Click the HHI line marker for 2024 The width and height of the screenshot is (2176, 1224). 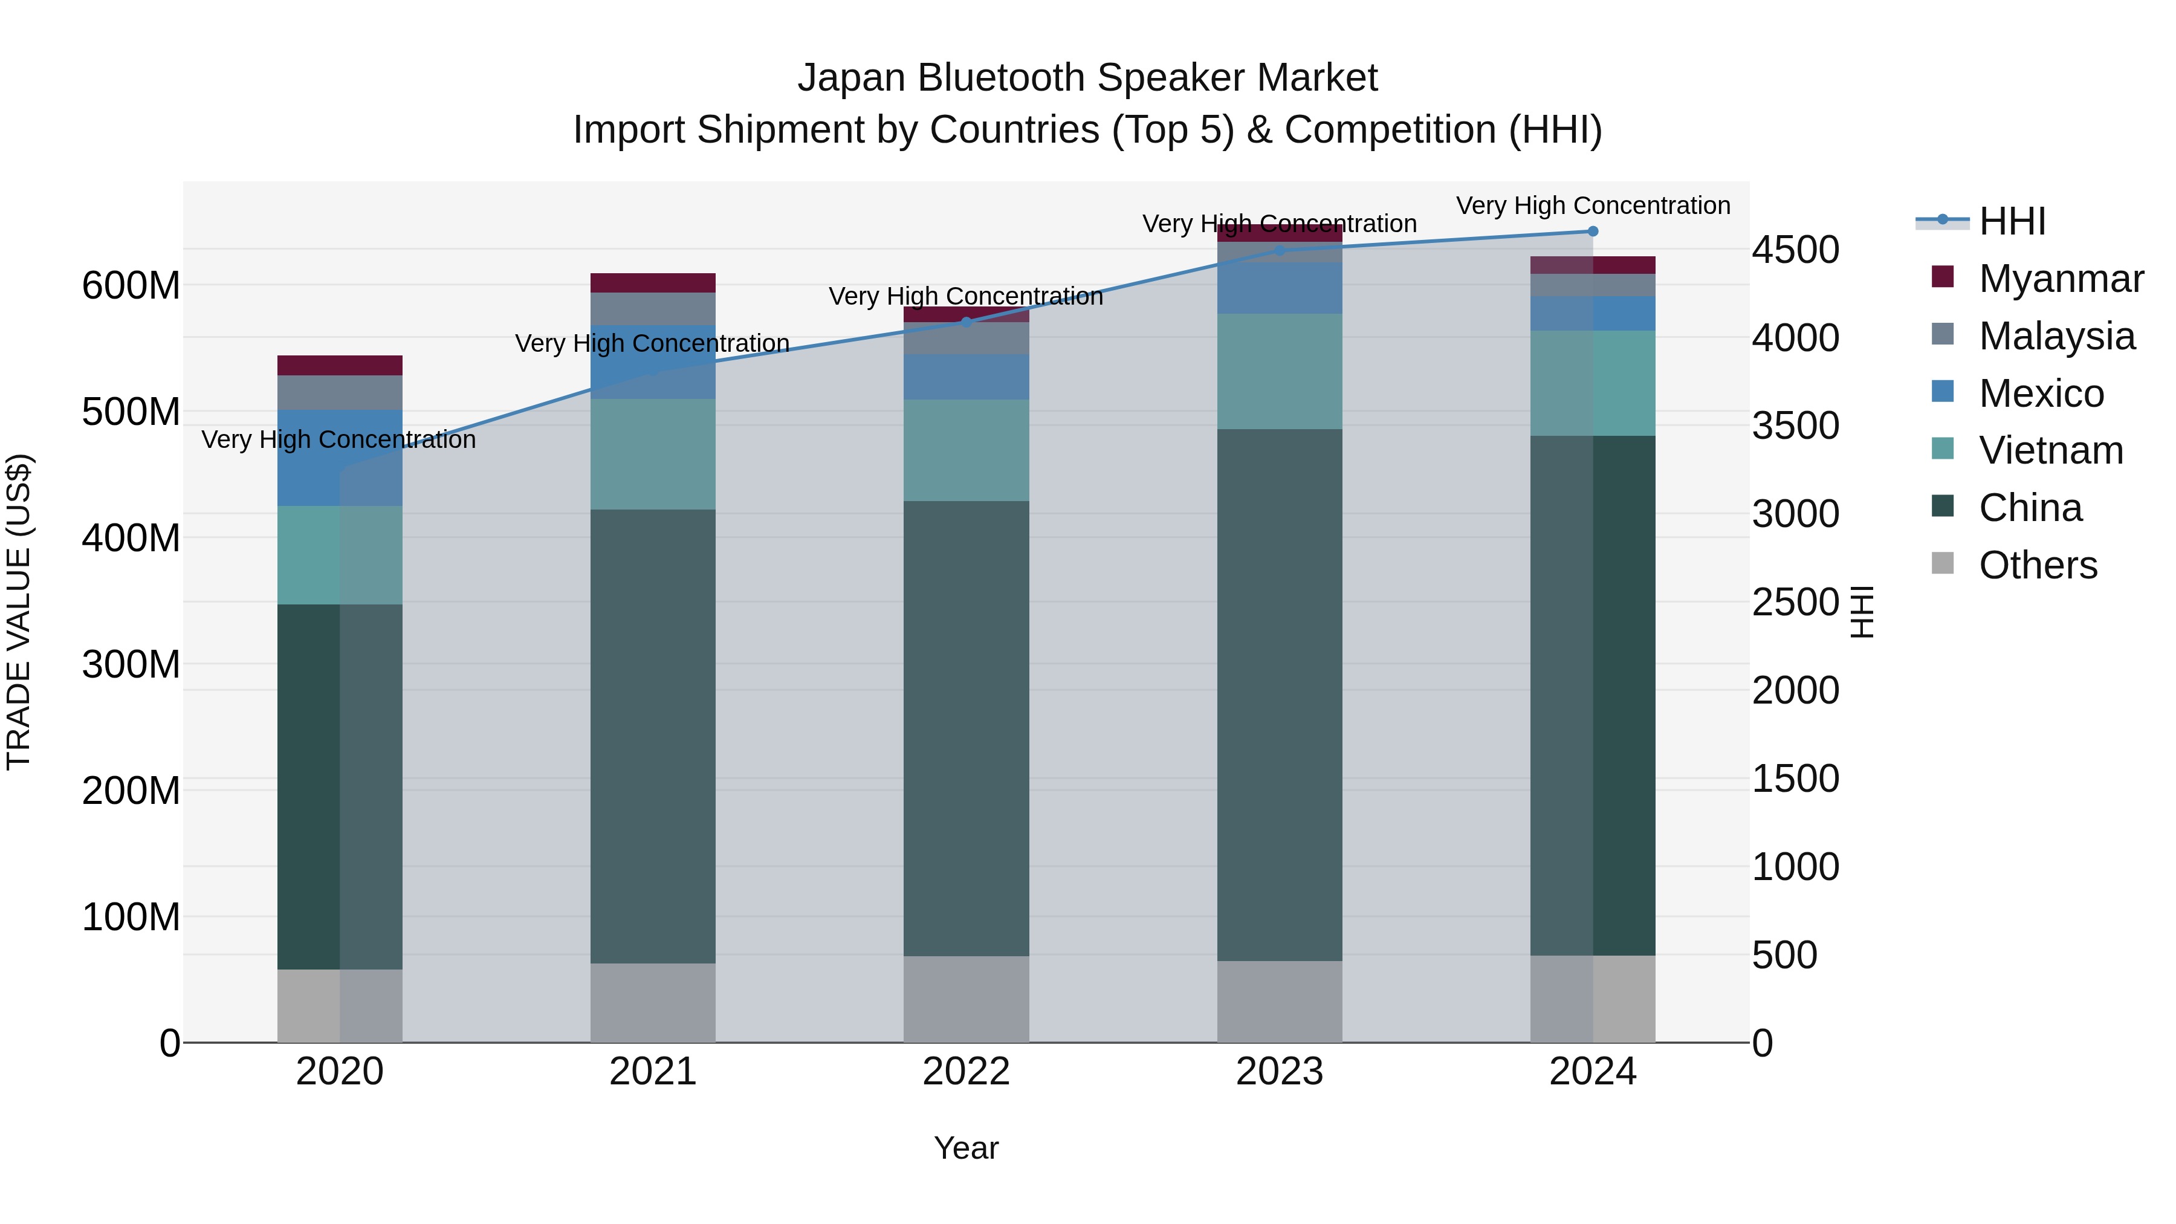[1592, 232]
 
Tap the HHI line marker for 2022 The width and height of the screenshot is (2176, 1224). [967, 322]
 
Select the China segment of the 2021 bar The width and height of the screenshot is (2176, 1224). [652, 735]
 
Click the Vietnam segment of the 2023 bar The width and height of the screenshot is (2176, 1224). [1279, 372]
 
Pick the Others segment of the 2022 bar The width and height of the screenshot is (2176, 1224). [967, 999]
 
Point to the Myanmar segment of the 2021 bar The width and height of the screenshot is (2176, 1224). [652, 283]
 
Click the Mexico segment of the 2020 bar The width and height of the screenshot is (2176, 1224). [340, 458]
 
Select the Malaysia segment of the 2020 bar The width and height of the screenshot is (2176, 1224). [340, 393]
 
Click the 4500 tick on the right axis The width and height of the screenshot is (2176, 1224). [1795, 250]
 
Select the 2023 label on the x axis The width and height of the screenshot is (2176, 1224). [1279, 1072]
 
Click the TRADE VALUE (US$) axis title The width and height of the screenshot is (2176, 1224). [19, 612]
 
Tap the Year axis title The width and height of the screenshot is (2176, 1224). [967, 1148]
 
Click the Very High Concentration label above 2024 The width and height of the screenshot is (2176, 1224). [1592, 206]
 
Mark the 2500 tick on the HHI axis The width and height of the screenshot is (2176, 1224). [1795, 602]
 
